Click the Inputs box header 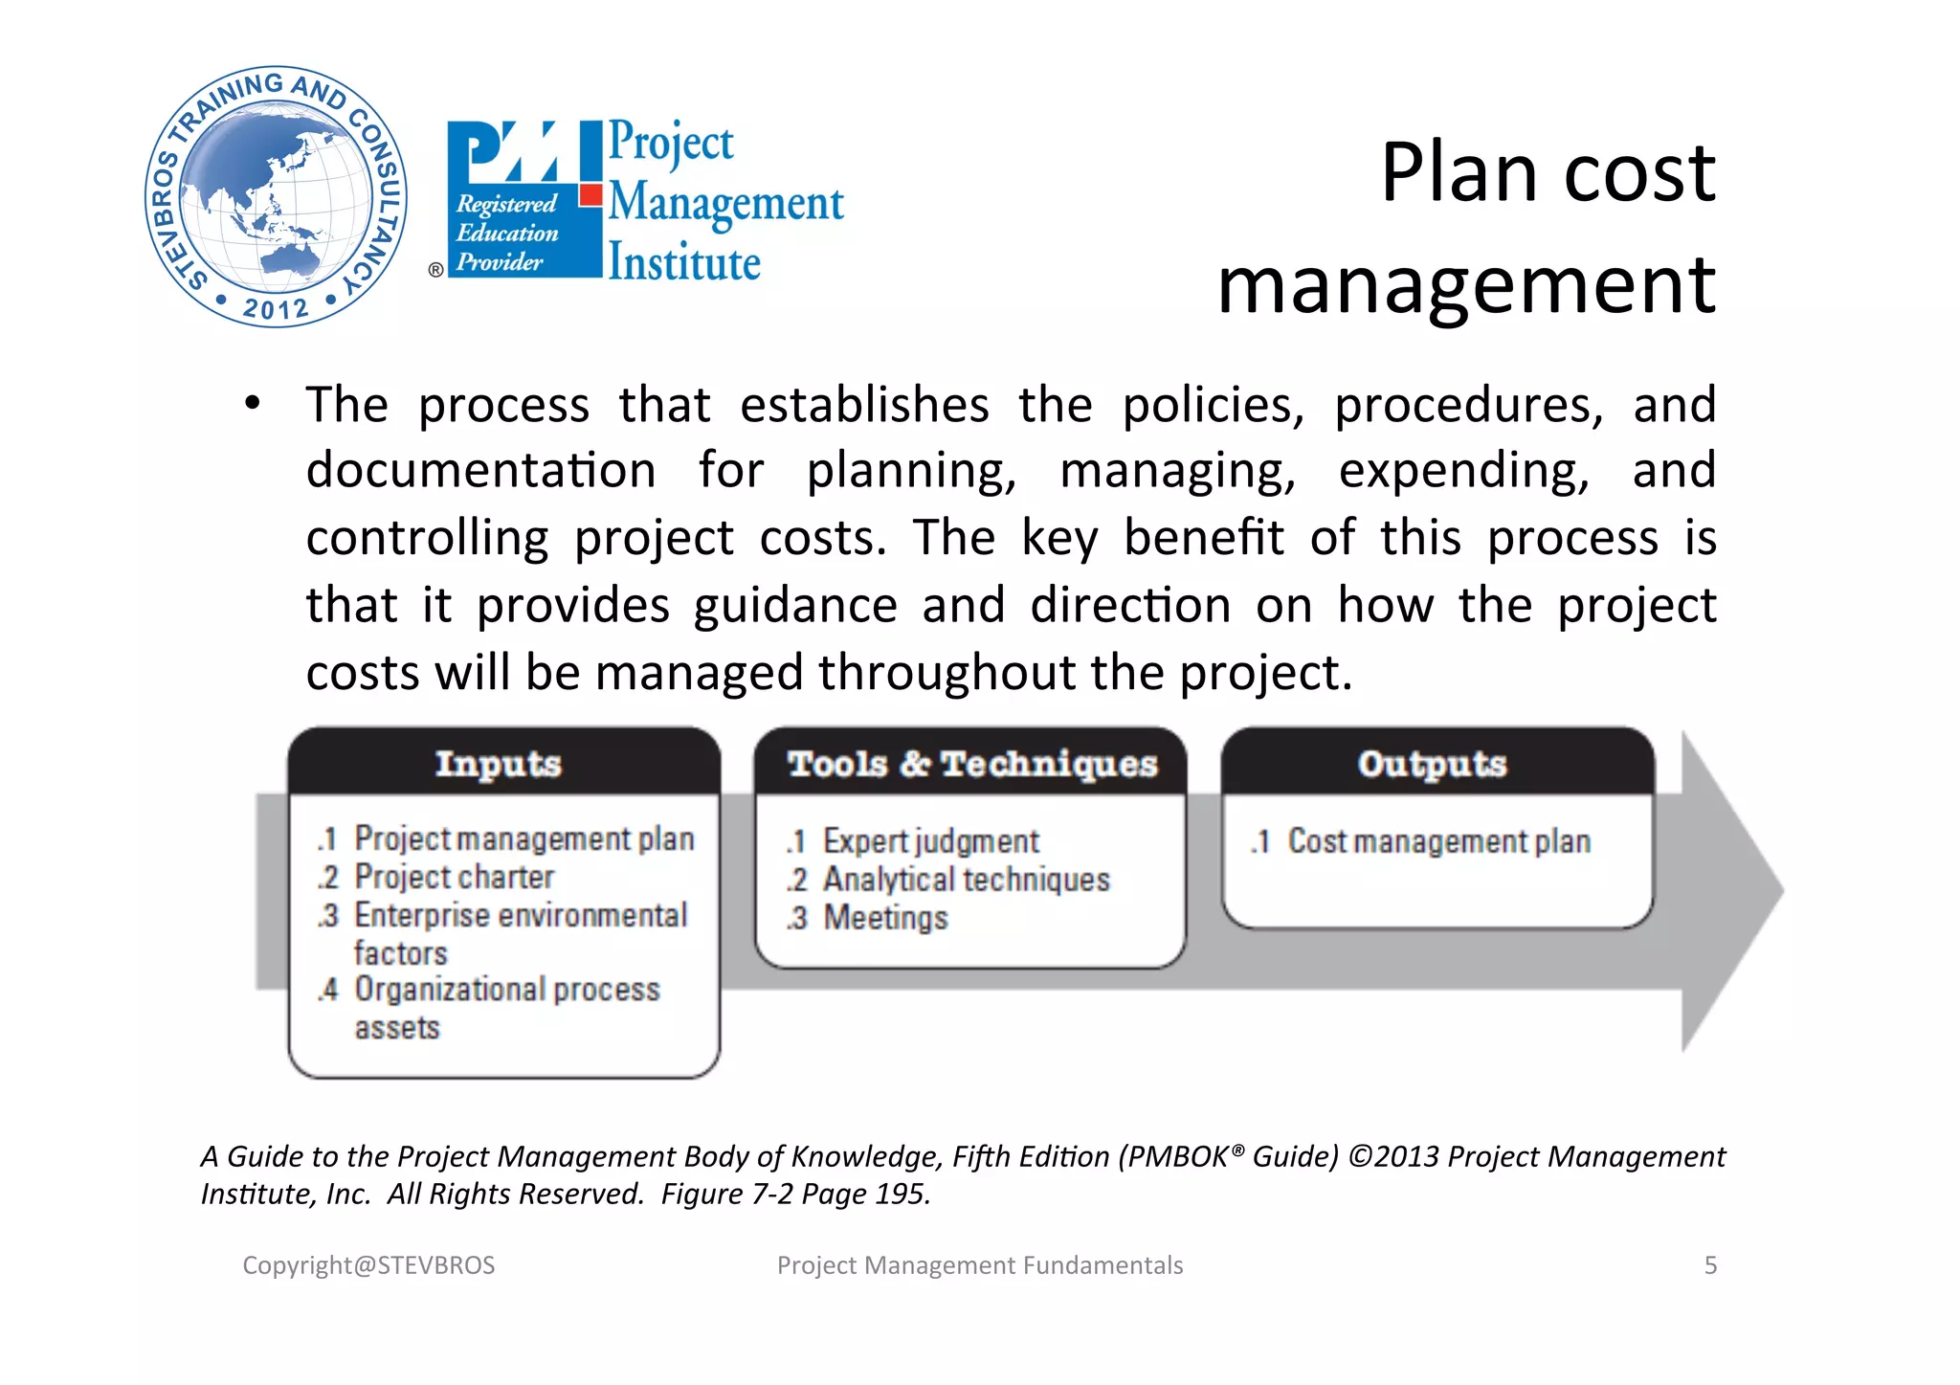pyautogui.click(x=499, y=764)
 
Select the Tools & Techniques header pyautogui.click(x=971, y=764)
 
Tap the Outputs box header pyautogui.click(x=1433, y=764)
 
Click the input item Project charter pyautogui.click(x=454, y=877)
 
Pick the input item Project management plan pyautogui.click(x=523, y=838)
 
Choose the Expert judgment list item pyautogui.click(x=930, y=841)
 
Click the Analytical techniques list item pyautogui.click(x=966, y=879)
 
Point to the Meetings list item pyautogui.click(x=885, y=917)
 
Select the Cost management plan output pyautogui.click(x=1438, y=841)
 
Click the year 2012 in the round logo pyautogui.click(x=276, y=308)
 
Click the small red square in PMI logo pyautogui.click(x=590, y=196)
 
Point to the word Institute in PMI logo pyautogui.click(x=685, y=263)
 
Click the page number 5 pyautogui.click(x=1710, y=1265)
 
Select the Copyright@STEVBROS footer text pyautogui.click(x=368, y=1265)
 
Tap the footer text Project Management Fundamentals pyautogui.click(x=980, y=1265)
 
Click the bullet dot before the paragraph pyautogui.click(x=252, y=404)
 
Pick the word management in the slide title pyautogui.click(x=1466, y=284)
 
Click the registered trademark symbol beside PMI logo pyautogui.click(x=435, y=270)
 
